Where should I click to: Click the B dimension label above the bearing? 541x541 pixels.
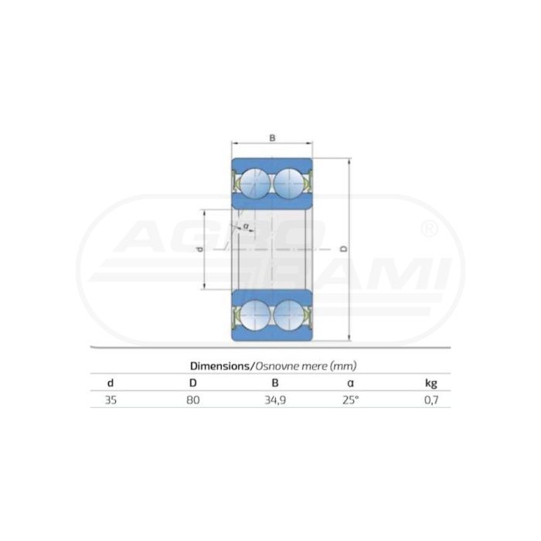272,138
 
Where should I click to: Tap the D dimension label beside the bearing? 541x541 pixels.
344,249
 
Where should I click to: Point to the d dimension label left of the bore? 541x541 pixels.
200,250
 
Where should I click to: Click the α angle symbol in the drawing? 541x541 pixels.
246,226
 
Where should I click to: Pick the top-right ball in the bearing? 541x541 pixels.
289,184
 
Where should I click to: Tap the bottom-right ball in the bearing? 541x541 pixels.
289,315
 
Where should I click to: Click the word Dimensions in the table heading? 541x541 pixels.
219,366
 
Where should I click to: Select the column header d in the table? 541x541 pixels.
111,383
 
